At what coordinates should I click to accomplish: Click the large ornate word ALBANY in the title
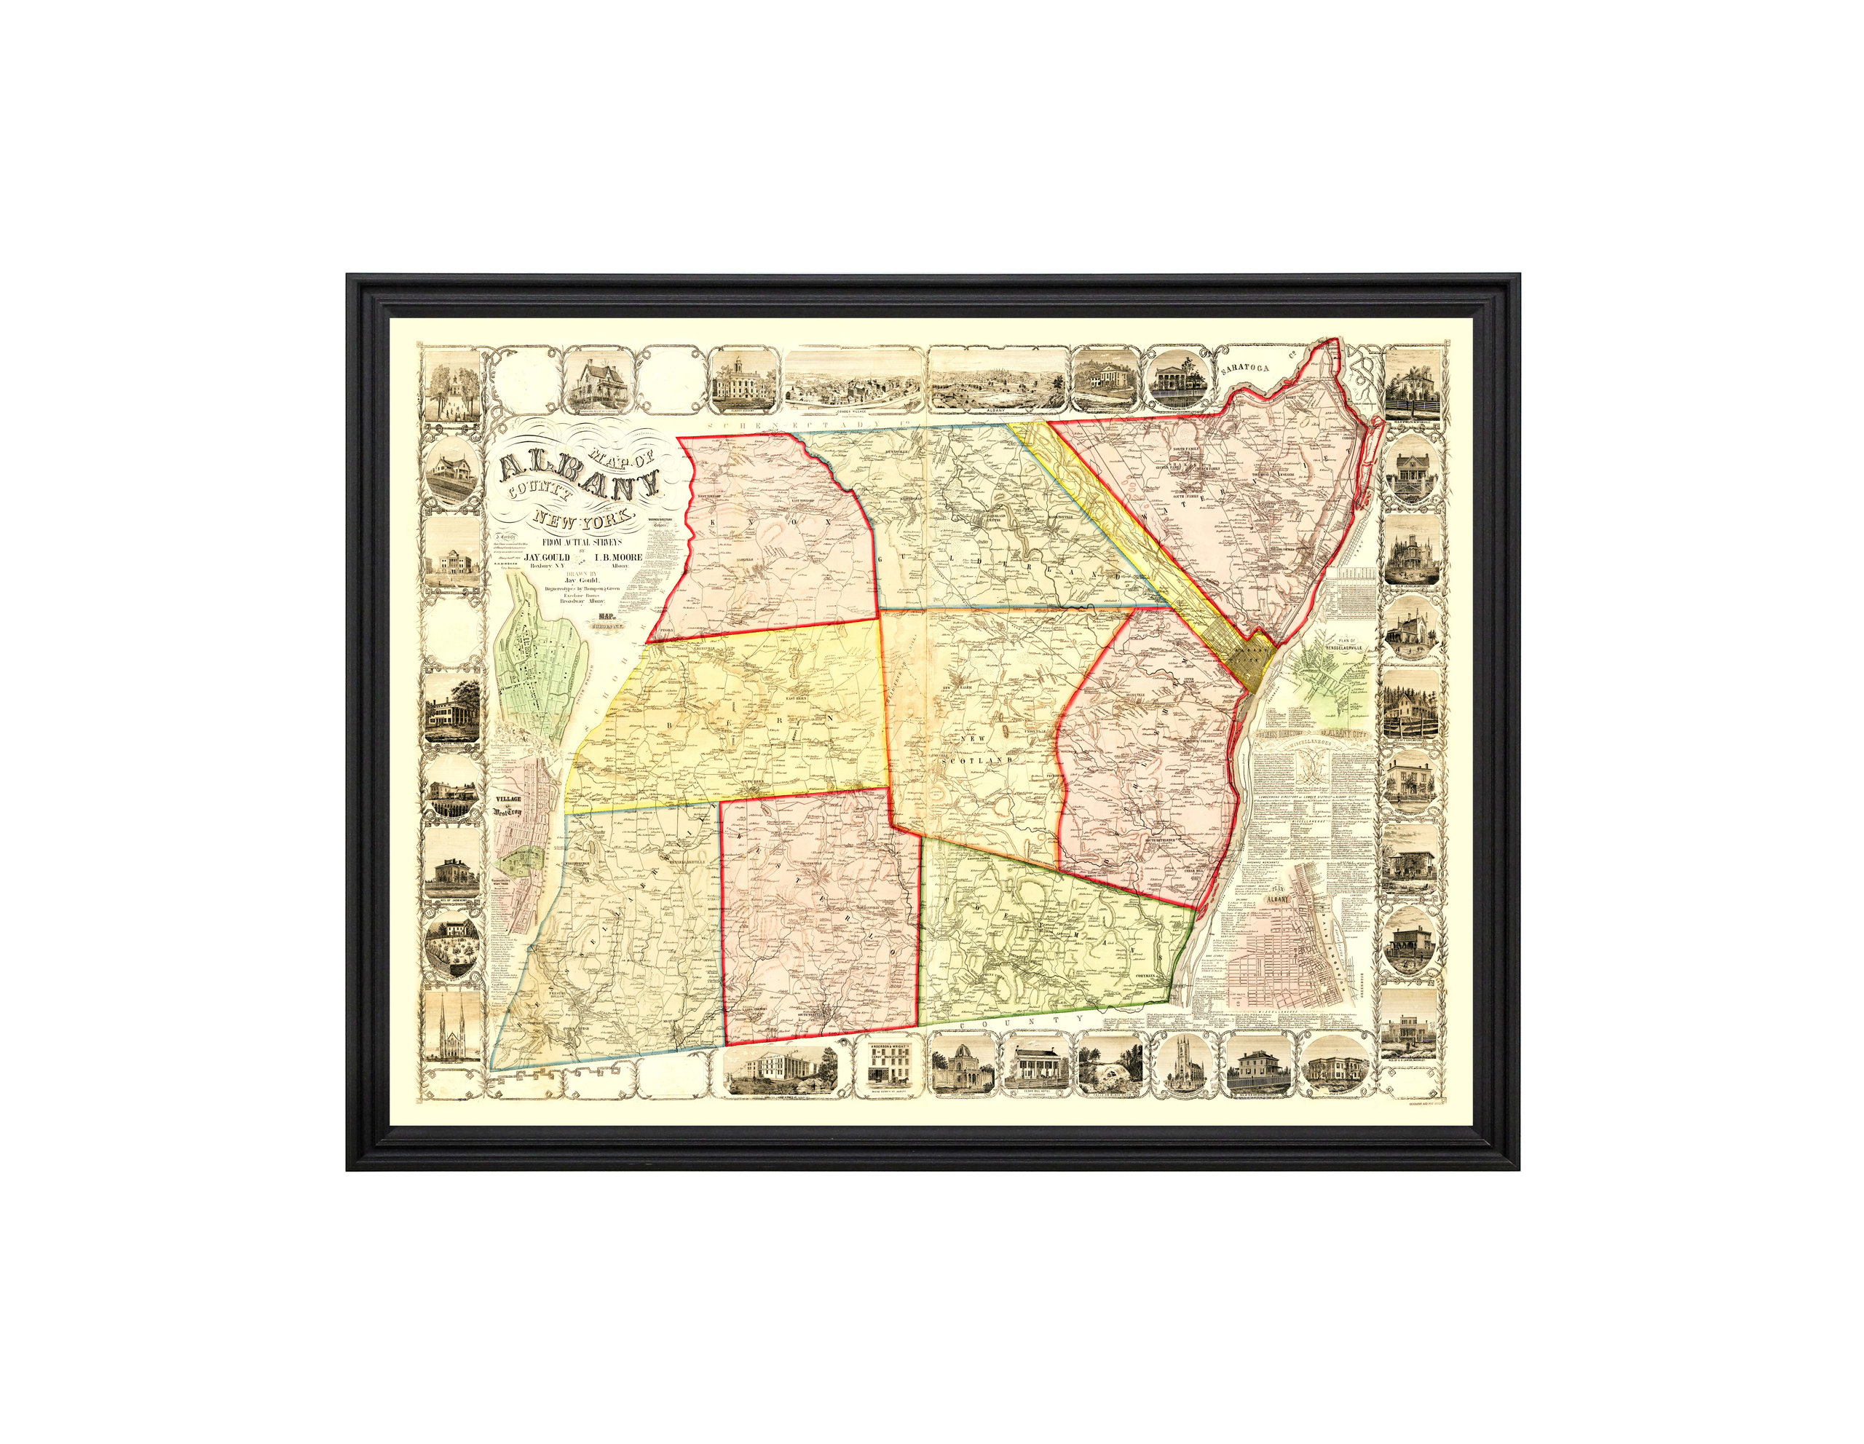[580, 478]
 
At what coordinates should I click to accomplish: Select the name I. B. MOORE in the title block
[618, 556]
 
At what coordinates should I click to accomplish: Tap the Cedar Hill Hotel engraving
[1040, 1067]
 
